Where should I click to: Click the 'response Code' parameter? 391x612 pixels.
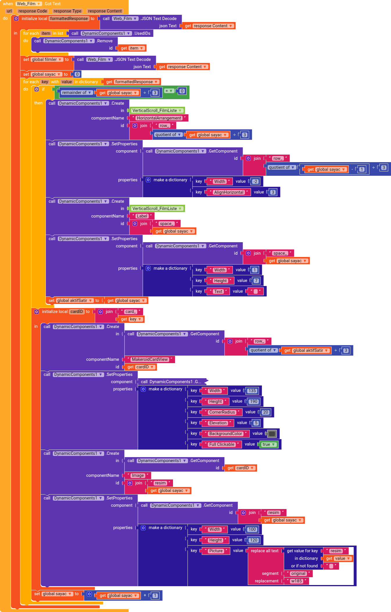[33, 11]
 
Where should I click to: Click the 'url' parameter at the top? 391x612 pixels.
[9, 11]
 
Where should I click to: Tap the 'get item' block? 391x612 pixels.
[132, 48]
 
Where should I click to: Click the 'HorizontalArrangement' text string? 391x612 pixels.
[159, 118]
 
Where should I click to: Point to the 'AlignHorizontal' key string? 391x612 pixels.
[228, 192]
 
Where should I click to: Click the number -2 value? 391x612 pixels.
[255, 182]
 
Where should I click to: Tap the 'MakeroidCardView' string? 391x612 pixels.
[149, 359]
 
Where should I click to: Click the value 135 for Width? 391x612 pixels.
[252, 391]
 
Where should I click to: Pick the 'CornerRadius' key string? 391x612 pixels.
[222, 412]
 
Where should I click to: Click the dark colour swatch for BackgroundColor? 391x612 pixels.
[272, 434]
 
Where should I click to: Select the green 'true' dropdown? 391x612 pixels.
[269, 444]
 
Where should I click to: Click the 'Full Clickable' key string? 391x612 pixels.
[221, 444]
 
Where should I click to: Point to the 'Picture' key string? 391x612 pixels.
[216, 551]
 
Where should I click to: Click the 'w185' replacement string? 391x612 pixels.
[296, 581]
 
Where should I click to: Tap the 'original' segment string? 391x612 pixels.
[298, 573]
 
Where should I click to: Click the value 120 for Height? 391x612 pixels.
[253, 540]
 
